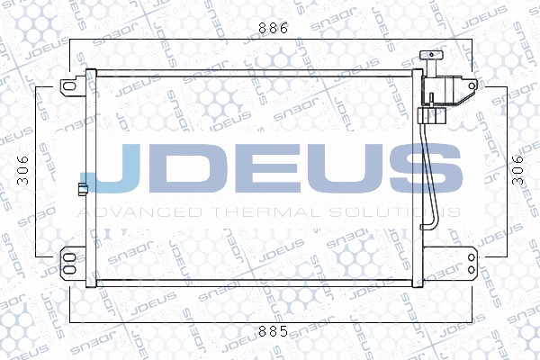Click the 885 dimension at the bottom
click(272, 331)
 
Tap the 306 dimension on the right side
click(516, 168)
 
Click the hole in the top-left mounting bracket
click(67, 86)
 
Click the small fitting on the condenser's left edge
click(82, 189)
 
